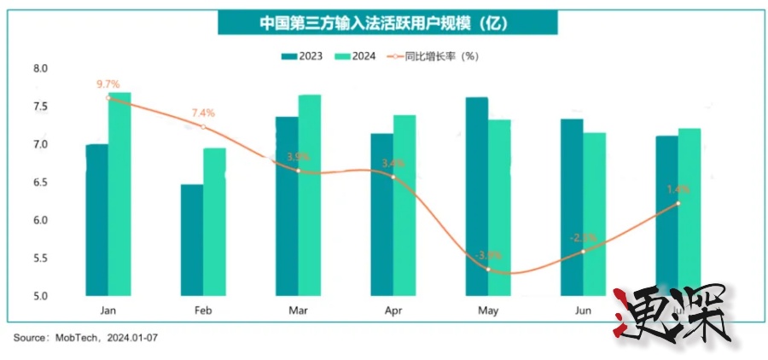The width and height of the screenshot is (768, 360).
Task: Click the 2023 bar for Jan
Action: pyautogui.click(x=97, y=220)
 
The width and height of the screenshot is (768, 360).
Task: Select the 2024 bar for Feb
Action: pyautogui.click(x=214, y=222)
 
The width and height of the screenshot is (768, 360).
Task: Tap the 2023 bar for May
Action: pyautogui.click(x=477, y=196)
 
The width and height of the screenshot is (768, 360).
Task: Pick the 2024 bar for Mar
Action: pyautogui.click(x=309, y=195)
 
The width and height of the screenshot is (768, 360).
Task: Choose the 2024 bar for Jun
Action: pyautogui.click(x=595, y=214)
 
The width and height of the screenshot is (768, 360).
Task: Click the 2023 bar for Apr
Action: pyautogui.click(x=381, y=214)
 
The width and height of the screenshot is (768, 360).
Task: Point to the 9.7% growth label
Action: pyautogui.click(x=108, y=84)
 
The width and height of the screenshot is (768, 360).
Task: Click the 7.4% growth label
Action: pyautogui.click(x=203, y=113)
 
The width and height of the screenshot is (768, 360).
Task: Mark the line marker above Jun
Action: pyautogui.click(x=583, y=252)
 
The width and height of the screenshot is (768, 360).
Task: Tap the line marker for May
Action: pyautogui.click(x=488, y=269)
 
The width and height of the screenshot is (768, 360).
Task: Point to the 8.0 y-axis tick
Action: pyautogui.click(x=40, y=68)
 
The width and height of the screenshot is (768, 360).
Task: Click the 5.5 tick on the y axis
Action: pyautogui.click(x=40, y=258)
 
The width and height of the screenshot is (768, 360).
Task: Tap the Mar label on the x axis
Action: pyautogui.click(x=298, y=311)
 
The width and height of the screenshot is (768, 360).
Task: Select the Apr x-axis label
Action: pyautogui.click(x=393, y=311)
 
